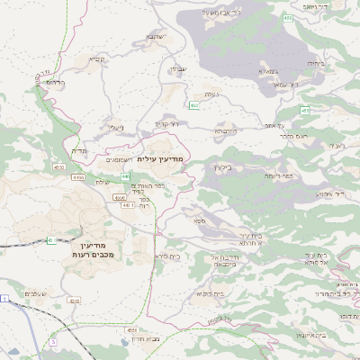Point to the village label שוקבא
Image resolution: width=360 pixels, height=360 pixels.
(x=154, y=38)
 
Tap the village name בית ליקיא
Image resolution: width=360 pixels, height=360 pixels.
(x=204, y=294)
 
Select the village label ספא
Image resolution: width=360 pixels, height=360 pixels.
(x=197, y=220)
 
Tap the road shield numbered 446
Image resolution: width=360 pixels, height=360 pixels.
(x=126, y=175)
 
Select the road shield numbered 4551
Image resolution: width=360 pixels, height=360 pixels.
(x=58, y=166)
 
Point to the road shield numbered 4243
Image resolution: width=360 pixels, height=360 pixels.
(x=74, y=300)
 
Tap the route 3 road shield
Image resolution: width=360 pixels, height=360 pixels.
(x=53, y=342)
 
